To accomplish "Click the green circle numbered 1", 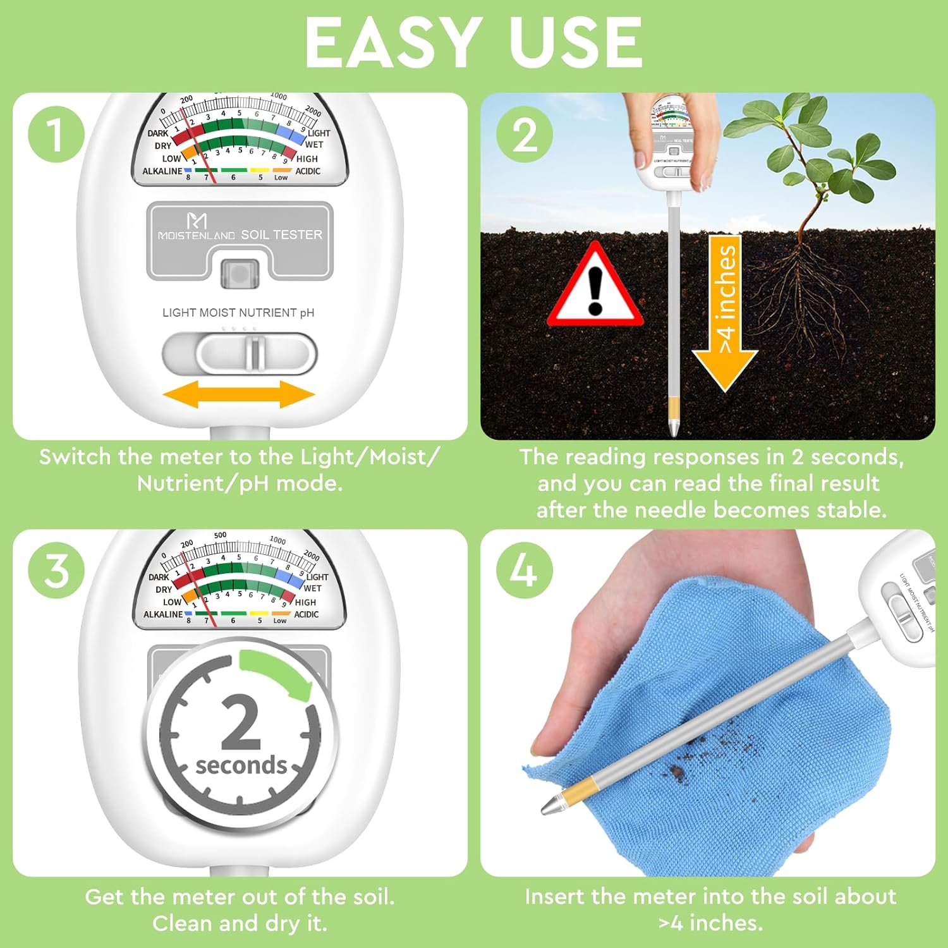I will click(x=56, y=134).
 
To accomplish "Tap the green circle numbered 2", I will click(x=524, y=134).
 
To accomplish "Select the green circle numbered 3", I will click(x=56, y=570).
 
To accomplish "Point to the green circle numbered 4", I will click(x=524, y=570).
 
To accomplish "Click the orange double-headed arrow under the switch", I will click(x=239, y=395).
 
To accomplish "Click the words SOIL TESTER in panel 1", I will click(x=281, y=234).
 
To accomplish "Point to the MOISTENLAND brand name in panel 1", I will click(x=197, y=235).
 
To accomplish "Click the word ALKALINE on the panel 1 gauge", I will click(x=162, y=171).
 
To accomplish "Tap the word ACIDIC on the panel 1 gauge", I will click(x=308, y=171).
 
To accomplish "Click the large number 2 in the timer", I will click(x=241, y=722).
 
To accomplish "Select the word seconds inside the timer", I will click(x=241, y=765).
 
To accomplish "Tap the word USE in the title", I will click(x=575, y=43).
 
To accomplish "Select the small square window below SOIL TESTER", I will click(x=240, y=274).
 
